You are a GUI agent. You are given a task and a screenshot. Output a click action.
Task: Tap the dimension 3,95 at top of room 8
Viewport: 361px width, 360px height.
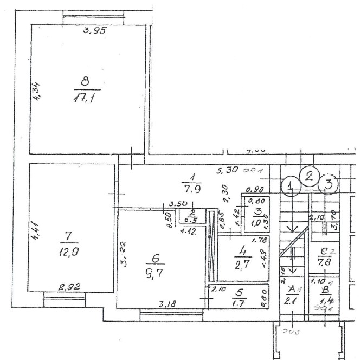93,31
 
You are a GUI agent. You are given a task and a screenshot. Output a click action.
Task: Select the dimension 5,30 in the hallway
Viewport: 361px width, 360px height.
228,171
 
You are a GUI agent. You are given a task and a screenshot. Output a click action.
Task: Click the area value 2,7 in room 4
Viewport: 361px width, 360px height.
242,265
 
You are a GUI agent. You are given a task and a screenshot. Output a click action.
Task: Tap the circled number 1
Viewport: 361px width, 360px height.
292,187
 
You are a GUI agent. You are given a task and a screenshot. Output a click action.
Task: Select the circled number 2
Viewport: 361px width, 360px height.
310,175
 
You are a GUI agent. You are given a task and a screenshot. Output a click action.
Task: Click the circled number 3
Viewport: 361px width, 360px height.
328,184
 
